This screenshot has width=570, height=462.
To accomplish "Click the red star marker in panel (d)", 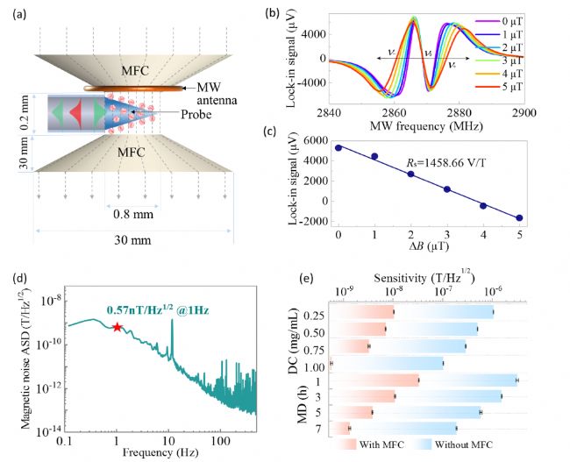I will tap(117, 327).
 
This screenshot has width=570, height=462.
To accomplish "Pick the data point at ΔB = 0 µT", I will tap(338, 147).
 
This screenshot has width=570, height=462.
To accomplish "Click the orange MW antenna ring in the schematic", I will tap(134, 88).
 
